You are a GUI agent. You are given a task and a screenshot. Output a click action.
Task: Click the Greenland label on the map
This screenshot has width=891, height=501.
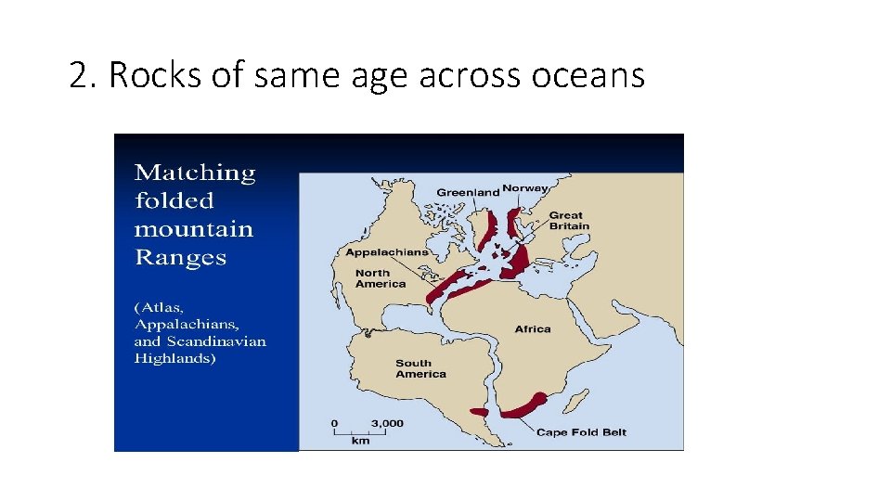point(468,192)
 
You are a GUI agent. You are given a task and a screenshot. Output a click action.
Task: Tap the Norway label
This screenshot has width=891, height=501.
point(525,188)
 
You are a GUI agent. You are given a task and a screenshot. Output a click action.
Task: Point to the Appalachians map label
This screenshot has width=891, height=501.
point(387,251)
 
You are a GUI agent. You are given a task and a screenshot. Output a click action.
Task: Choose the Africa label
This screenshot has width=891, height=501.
point(533,328)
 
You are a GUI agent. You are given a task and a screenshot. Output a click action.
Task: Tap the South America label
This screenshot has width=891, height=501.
point(420,368)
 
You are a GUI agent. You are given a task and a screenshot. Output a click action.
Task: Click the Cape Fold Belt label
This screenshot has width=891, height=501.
point(582,432)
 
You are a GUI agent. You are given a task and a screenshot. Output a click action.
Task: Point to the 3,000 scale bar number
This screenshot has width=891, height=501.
point(387,423)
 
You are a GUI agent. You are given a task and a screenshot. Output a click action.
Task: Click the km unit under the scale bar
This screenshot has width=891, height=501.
point(360,441)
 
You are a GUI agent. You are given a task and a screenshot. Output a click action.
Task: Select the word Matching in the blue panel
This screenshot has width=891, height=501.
point(195,173)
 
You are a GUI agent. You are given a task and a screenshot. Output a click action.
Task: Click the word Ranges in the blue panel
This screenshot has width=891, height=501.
point(180,257)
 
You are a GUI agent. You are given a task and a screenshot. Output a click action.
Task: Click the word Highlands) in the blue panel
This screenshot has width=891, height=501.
point(175,357)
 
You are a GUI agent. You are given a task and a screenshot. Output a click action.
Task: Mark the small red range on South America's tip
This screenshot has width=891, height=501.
point(480,411)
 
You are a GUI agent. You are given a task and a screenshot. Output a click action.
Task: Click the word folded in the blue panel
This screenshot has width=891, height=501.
point(174,200)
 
